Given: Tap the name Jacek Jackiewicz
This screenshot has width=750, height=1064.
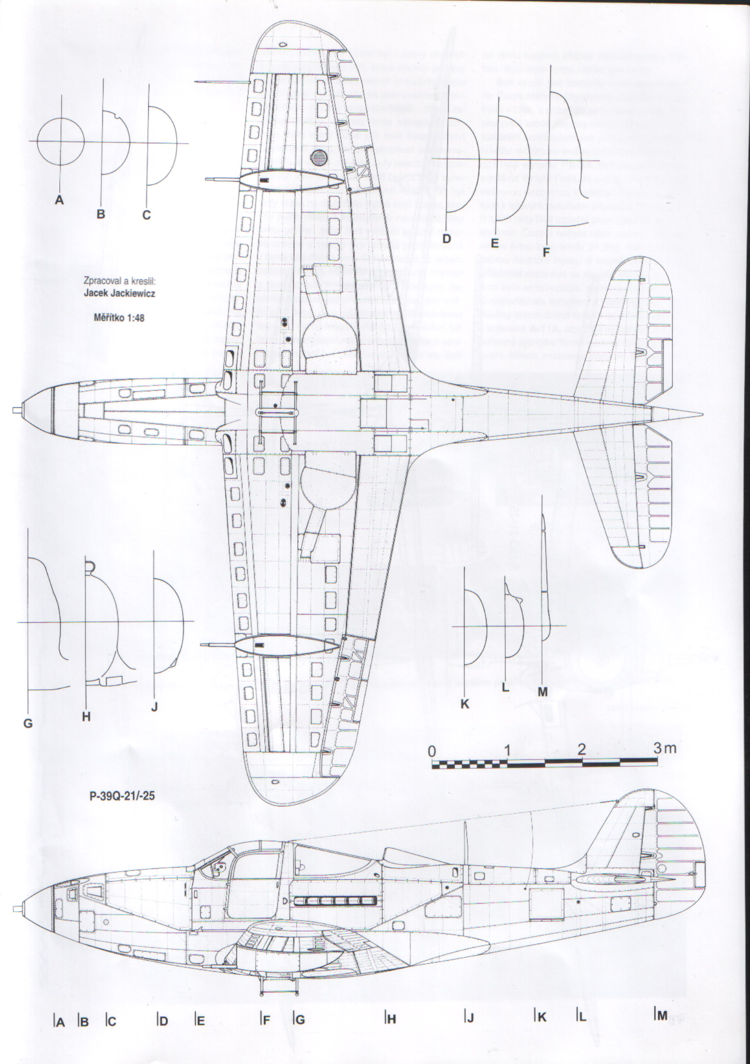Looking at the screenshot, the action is pos(119,293).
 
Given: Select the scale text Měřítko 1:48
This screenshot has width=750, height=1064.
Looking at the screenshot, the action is pos(119,318).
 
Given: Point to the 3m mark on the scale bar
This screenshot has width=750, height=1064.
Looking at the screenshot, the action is pos(664,748).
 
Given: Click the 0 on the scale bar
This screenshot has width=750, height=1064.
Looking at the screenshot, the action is pos(432,751).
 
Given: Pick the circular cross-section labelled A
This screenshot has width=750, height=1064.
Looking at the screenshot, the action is pos(60,141).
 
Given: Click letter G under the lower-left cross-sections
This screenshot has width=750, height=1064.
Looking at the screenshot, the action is pos(28,723).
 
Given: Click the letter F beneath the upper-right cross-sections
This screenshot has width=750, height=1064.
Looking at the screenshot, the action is pos(546,252).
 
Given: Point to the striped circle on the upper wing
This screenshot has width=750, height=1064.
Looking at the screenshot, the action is pos(319,158).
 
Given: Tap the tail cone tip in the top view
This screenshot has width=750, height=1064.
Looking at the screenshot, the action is pos(701,414).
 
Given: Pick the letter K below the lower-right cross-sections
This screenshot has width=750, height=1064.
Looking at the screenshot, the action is pos(465,704).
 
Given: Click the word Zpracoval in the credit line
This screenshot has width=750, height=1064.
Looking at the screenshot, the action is pos(99,281).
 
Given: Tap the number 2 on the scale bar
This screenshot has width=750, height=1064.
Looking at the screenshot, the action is pos(582,749).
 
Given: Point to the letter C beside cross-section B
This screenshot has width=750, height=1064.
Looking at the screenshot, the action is pos(146,215).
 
